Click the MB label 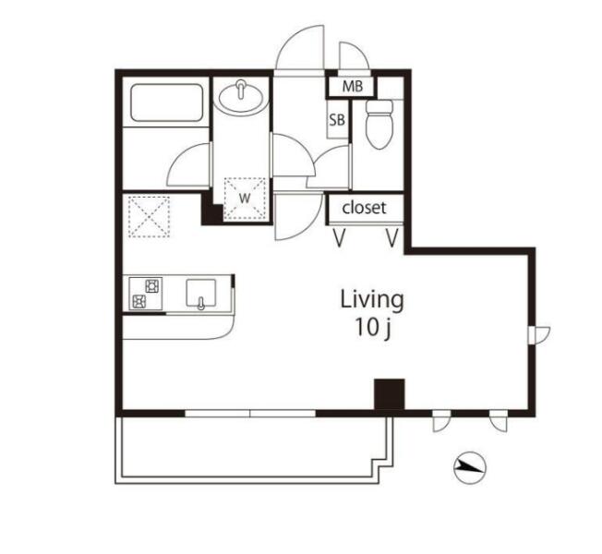[352, 87]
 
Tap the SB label [337, 120]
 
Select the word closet [364, 208]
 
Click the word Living [372, 299]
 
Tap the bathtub [166, 102]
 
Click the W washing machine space [245, 199]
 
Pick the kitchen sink [200, 294]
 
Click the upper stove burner [152, 286]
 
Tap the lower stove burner [138, 301]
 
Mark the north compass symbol [470, 467]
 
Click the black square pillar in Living [390, 394]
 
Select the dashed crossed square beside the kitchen [149, 217]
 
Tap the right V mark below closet [392, 237]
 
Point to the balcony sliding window [250, 414]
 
